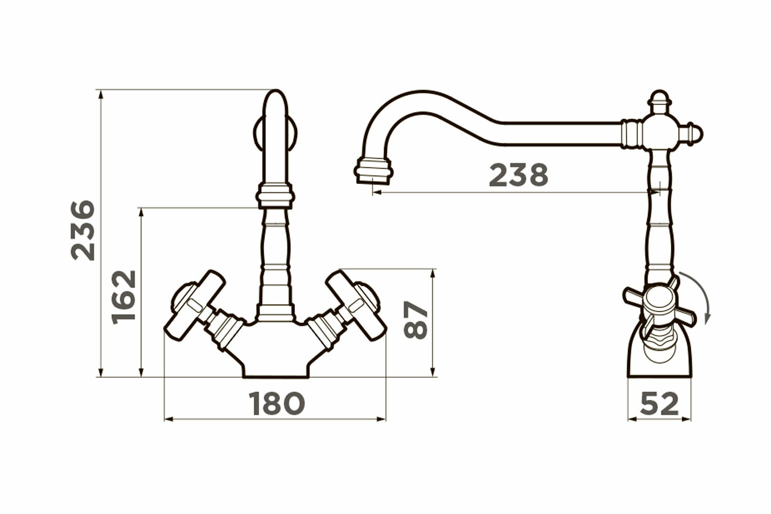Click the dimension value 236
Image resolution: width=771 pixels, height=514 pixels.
[83, 230]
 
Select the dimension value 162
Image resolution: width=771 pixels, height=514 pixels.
[123, 297]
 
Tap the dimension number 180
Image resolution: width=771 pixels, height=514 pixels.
[277, 403]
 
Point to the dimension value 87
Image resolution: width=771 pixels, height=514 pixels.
[415, 320]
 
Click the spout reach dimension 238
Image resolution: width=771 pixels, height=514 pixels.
[519, 175]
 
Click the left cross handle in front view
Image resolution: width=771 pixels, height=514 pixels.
[195, 306]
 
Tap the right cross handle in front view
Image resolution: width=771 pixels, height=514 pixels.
[356, 306]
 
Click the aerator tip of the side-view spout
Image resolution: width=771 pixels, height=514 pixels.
[374, 171]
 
